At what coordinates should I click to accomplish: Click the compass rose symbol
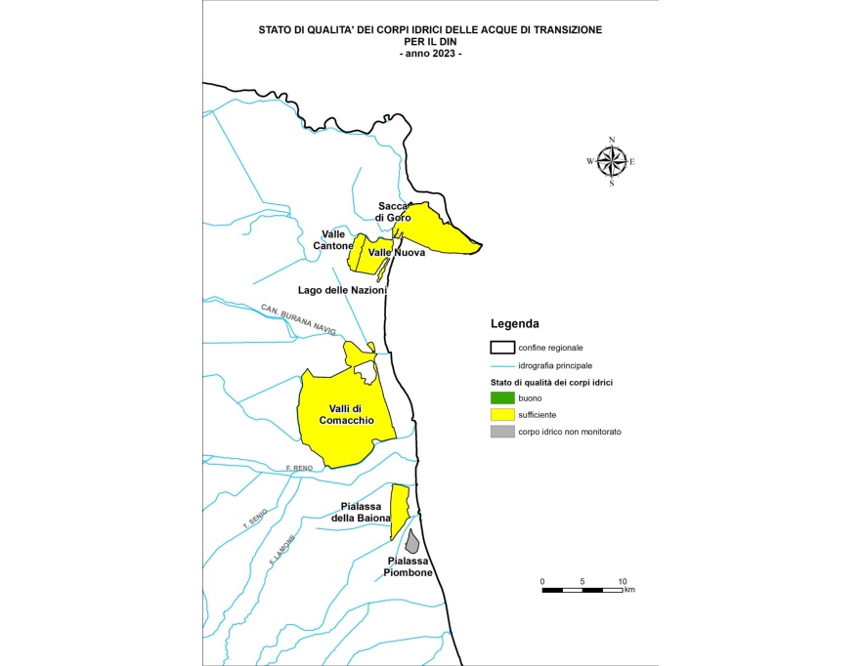tap(612, 160)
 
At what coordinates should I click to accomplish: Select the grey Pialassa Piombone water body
tap(412, 541)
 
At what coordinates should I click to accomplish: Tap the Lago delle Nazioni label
tap(342, 290)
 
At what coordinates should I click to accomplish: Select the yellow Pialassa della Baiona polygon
tap(399, 508)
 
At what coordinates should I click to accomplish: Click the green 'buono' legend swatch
tap(501, 397)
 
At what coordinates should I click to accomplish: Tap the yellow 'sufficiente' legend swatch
tap(501, 415)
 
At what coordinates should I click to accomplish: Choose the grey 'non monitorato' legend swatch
tap(501, 432)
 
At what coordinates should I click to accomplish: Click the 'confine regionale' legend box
tap(501, 347)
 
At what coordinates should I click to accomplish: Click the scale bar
tap(582, 590)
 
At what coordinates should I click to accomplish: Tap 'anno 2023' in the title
tap(430, 54)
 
